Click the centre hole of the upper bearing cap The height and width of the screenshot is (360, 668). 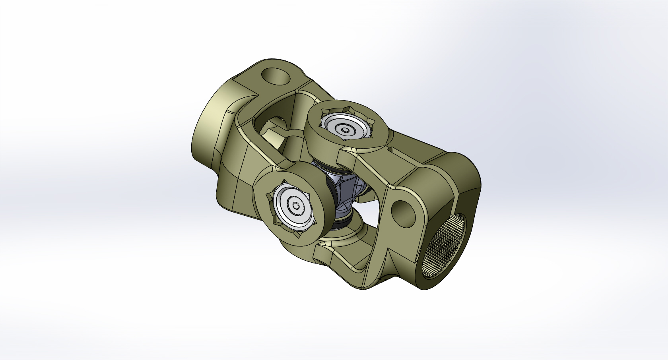(x=345, y=130)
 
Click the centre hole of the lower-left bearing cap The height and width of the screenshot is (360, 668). (x=296, y=206)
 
